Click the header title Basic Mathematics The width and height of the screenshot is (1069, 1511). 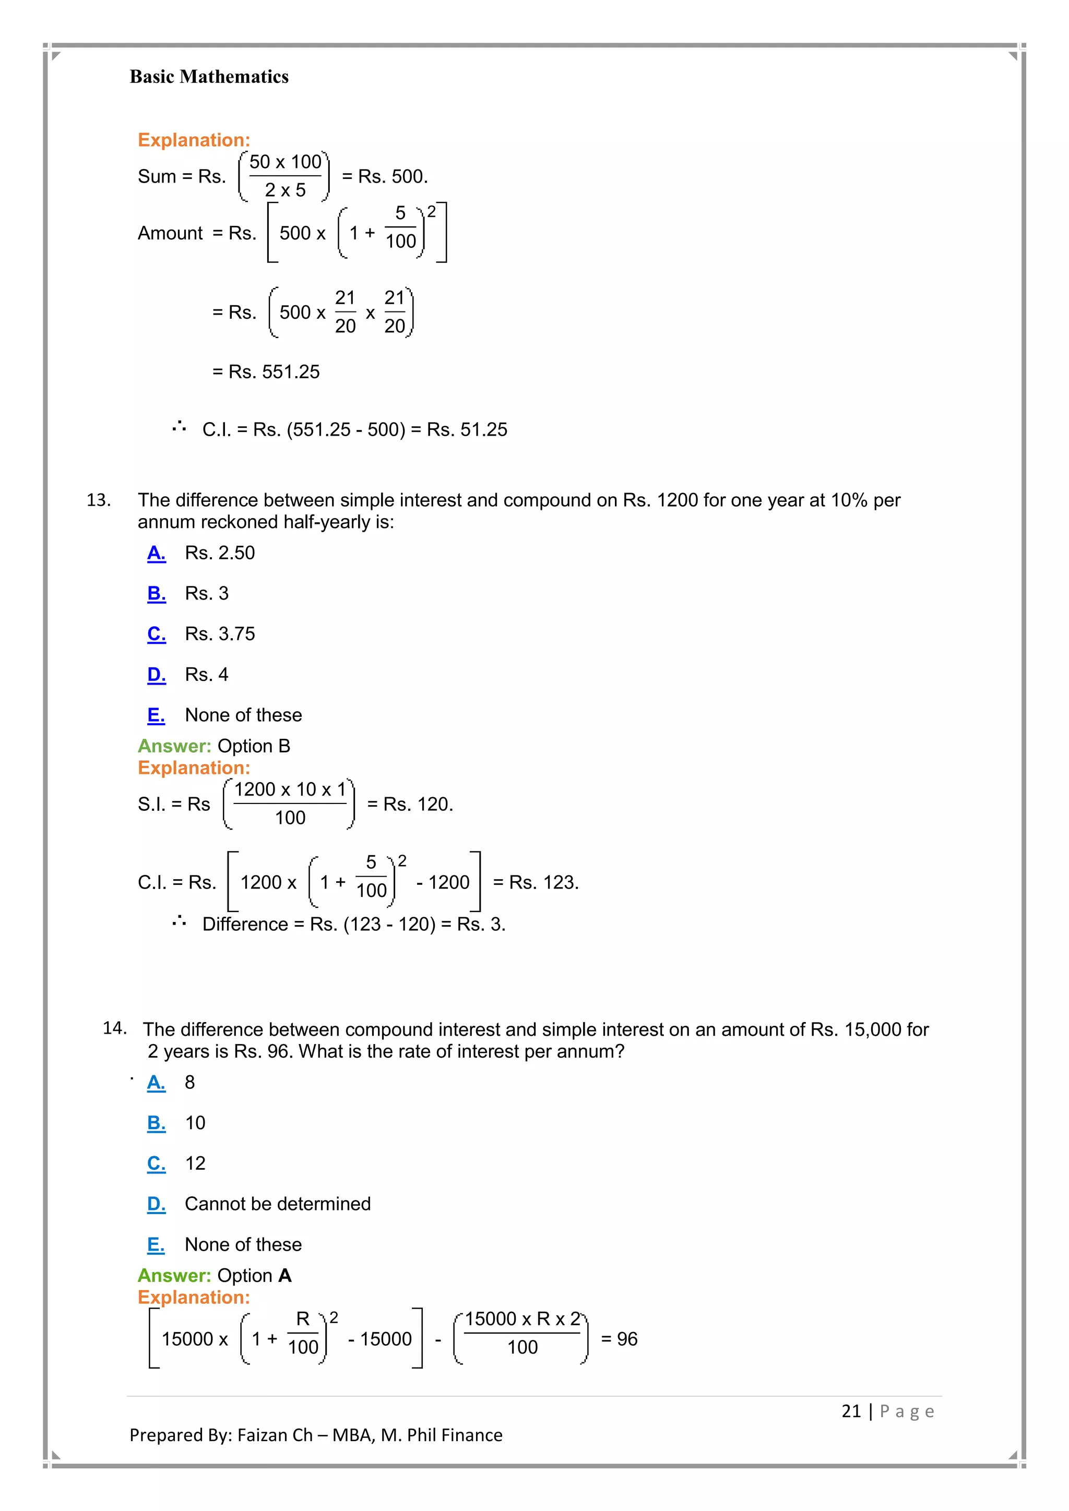coord(209,77)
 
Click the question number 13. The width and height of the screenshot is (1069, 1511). coord(98,500)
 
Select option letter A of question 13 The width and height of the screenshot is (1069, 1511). coord(156,553)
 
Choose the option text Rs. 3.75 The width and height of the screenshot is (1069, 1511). coord(219,634)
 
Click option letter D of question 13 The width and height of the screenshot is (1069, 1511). coord(156,675)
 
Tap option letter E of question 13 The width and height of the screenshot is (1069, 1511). coord(156,715)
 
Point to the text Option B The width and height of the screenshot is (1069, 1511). coord(254,746)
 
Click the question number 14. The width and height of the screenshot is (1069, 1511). coord(114,1028)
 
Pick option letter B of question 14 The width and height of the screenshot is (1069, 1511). coord(156,1123)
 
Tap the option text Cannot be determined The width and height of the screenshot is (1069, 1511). coord(277,1204)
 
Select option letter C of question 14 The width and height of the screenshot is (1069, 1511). coord(156,1164)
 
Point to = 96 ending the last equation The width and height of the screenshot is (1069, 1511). coord(619,1339)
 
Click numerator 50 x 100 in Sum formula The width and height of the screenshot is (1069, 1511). coord(285,162)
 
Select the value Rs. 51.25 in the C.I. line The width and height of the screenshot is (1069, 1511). coord(467,430)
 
